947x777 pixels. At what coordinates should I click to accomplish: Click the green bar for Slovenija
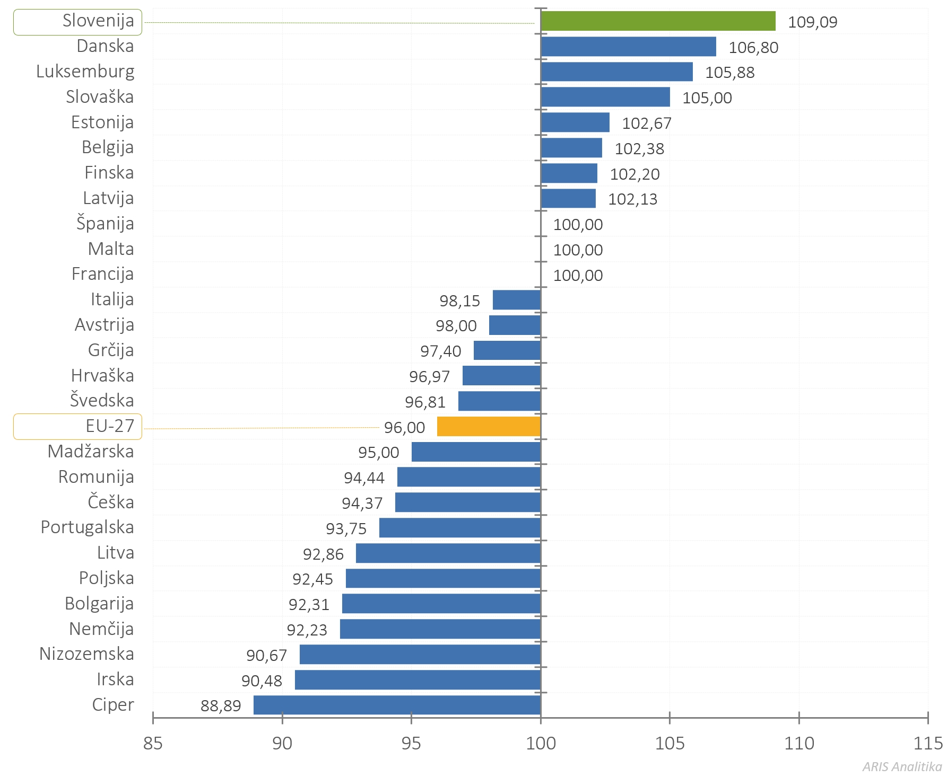click(658, 21)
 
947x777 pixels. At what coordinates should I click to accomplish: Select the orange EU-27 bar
click(489, 427)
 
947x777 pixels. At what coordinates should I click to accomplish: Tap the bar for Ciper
click(397, 705)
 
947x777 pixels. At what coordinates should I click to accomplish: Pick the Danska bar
click(628, 47)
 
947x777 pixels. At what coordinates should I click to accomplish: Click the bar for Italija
click(516, 300)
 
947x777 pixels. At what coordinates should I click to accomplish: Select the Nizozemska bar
click(420, 655)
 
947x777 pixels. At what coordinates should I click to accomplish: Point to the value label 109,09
click(812, 22)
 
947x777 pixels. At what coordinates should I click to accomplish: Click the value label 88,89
click(221, 706)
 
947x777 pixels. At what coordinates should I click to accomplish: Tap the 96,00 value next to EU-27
click(404, 428)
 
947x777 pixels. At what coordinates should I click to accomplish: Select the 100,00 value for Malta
click(578, 250)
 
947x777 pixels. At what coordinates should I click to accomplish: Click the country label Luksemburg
click(85, 72)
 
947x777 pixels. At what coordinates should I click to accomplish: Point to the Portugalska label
click(88, 527)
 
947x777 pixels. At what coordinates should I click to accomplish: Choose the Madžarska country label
click(91, 452)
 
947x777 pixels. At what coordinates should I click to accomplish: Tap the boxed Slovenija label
click(78, 22)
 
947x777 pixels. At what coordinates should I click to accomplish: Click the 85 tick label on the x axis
click(153, 743)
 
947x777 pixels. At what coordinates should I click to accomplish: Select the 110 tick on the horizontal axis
click(799, 743)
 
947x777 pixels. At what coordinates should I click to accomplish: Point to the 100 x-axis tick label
click(541, 743)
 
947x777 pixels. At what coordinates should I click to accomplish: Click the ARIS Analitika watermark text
click(902, 766)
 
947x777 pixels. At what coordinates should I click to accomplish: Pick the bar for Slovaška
click(605, 97)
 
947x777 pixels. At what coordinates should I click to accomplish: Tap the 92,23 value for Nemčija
click(307, 630)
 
